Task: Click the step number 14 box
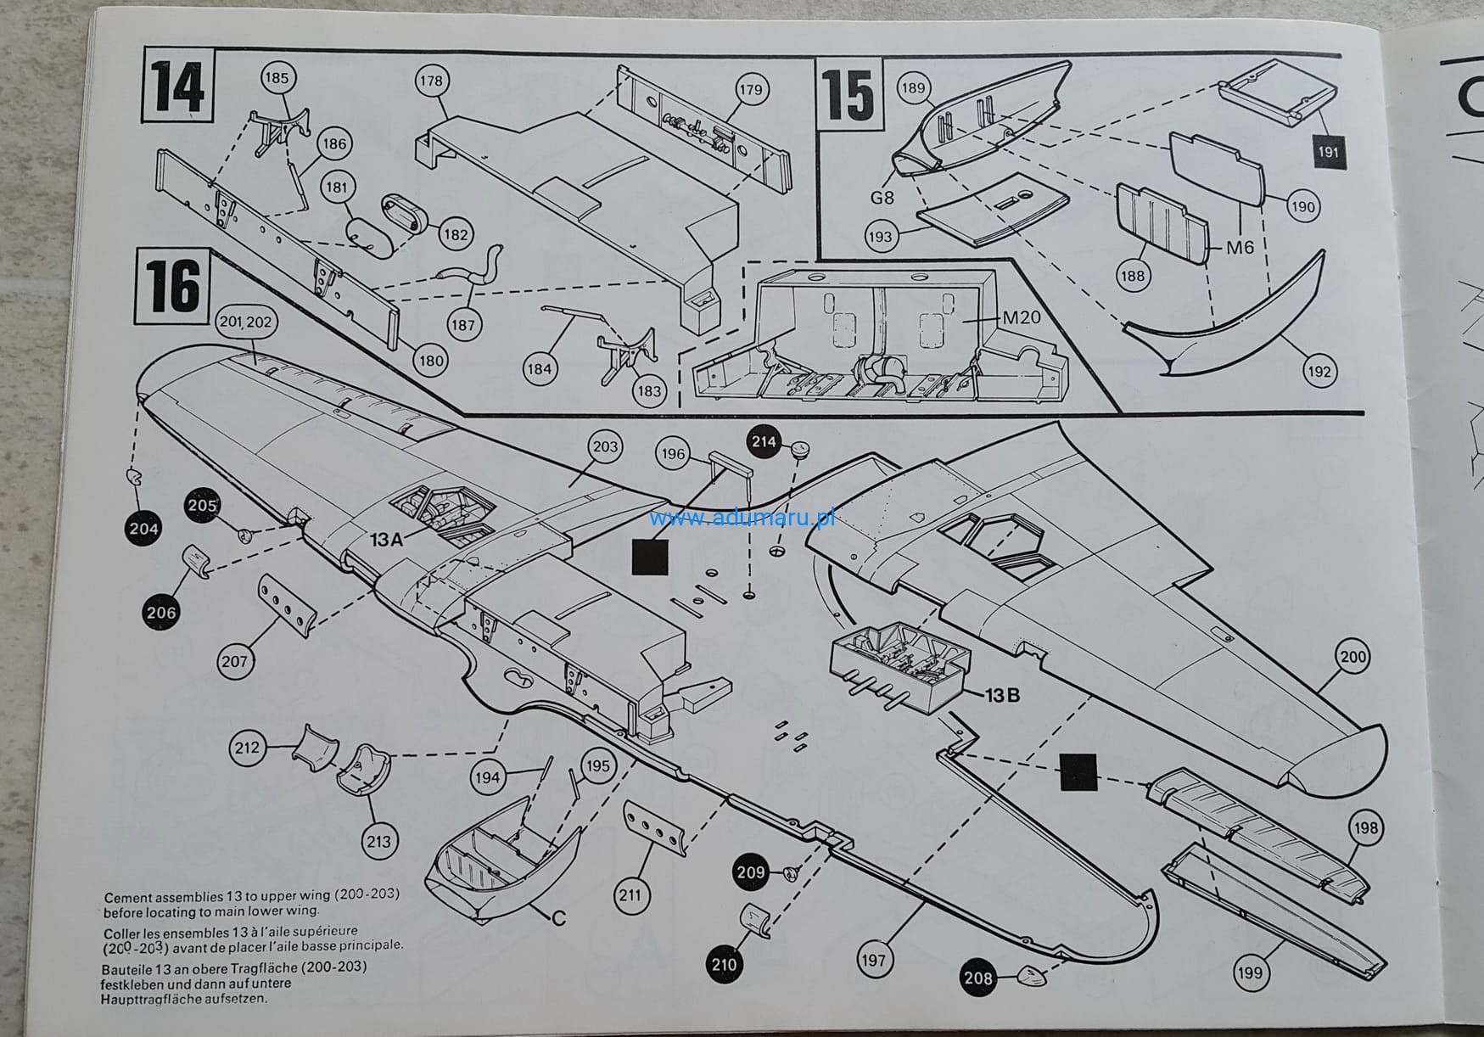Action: coord(178,86)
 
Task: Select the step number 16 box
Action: coord(173,287)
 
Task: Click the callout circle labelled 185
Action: coord(277,78)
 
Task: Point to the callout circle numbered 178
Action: coord(431,81)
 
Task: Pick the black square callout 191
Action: coord(1328,152)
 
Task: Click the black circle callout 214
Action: coord(764,441)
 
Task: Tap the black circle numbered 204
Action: coord(143,530)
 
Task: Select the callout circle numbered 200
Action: coord(1353,657)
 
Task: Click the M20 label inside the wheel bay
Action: coord(1021,318)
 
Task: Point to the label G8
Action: coord(882,198)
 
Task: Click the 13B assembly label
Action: coord(1001,695)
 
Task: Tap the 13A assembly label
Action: coord(386,538)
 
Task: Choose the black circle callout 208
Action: coord(978,978)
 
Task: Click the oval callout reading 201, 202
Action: coord(245,322)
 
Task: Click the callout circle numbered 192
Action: coord(1319,371)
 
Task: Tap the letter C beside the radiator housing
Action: coord(558,918)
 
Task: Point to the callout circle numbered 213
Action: coord(378,841)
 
